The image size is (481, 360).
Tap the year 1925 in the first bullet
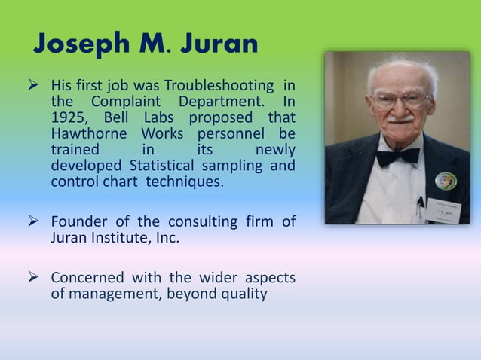pyautogui.click(x=69, y=117)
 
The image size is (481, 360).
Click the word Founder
pyautogui.click(x=78, y=221)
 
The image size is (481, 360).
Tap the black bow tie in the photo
pyautogui.click(x=397, y=157)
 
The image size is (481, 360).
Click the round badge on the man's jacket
pyautogui.click(x=446, y=182)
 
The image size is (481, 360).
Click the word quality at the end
pyautogui.click(x=242, y=294)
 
